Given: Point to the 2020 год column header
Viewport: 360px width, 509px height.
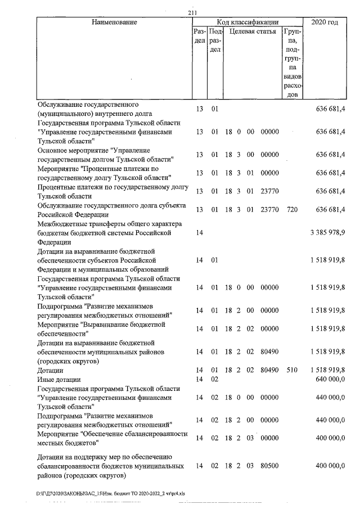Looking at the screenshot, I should (x=325, y=22).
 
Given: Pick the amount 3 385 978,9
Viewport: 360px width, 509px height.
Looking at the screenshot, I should (x=327, y=233).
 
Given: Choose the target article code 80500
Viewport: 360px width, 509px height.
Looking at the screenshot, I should (x=270, y=467).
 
